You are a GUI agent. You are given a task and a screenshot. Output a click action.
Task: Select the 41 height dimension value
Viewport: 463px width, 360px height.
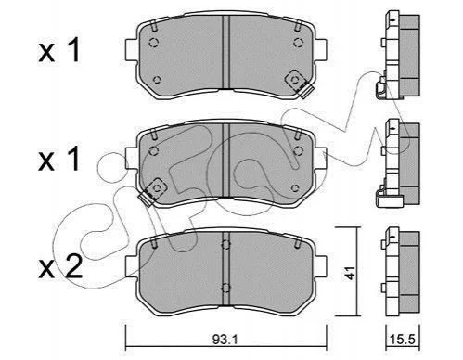[350, 273]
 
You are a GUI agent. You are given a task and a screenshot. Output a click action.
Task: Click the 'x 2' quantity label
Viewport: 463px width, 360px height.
[60, 266]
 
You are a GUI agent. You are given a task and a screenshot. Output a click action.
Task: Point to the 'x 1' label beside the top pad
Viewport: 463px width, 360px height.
[59, 50]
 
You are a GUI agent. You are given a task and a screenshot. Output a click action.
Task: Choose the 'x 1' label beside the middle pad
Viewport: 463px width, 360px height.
[59, 159]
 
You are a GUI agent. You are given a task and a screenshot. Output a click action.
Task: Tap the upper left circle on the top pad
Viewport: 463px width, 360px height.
[154, 43]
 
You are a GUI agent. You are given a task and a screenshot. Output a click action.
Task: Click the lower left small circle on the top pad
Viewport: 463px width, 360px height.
[157, 80]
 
